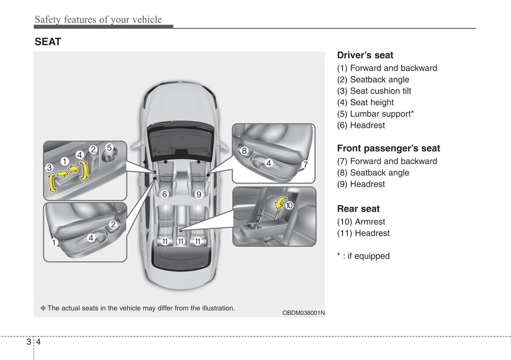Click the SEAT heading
[x=48, y=42]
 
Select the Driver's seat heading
[x=365, y=55]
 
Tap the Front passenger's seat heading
[x=388, y=148]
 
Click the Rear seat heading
[x=358, y=209]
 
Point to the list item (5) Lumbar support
[x=375, y=114]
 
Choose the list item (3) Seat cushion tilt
[x=374, y=91]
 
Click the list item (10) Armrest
[x=361, y=222]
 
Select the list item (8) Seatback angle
[x=373, y=173]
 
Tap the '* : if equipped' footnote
[x=363, y=256]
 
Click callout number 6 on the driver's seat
[x=164, y=194]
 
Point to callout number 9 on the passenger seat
[x=199, y=194]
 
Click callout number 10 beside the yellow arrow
[x=289, y=205]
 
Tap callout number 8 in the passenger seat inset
[x=244, y=151]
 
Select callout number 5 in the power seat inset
[x=109, y=148]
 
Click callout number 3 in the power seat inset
[x=49, y=167]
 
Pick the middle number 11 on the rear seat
[x=181, y=242]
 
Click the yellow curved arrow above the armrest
[x=280, y=203]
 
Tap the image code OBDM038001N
[x=303, y=313]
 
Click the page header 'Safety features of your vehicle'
[x=98, y=19]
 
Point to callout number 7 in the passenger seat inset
[x=306, y=165]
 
